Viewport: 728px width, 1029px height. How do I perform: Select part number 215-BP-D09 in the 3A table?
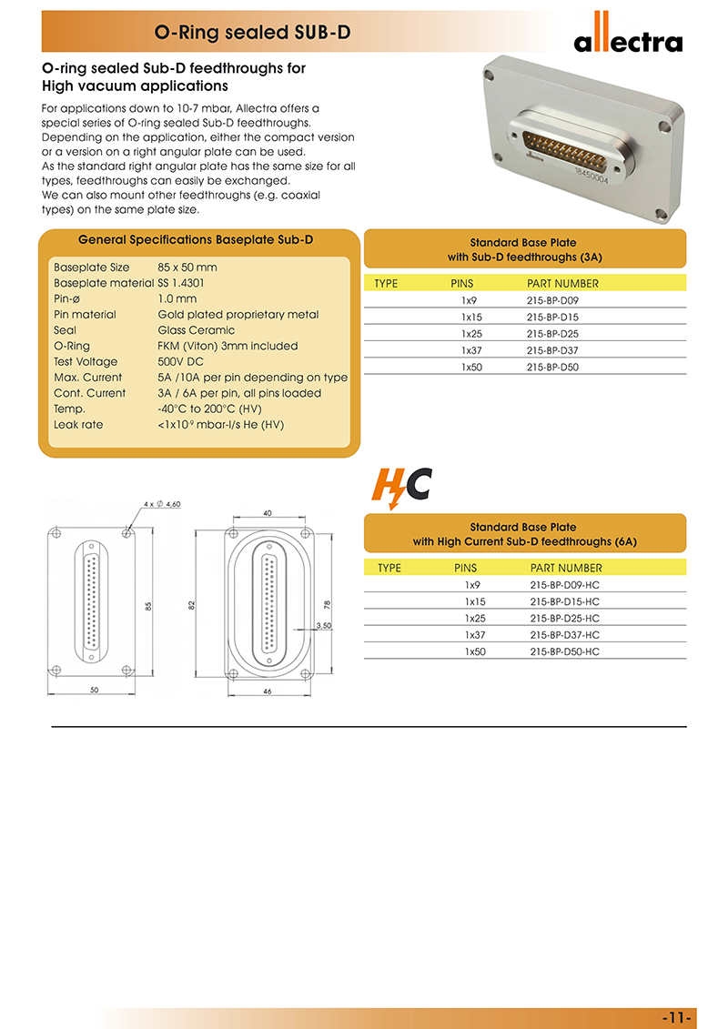(x=552, y=300)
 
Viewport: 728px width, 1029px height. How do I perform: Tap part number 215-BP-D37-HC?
(x=564, y=635)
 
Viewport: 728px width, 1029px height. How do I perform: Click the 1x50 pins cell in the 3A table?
(x=470, y=368)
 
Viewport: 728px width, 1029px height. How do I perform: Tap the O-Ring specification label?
(x=72, y=346)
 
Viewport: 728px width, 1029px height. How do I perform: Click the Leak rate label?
(x=78, y=424)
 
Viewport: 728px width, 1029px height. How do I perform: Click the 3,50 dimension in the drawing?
(x=323, y=625)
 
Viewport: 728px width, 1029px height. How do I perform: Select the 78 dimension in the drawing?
(x=327, y=604)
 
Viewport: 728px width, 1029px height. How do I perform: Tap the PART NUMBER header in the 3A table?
(x=562, y=284)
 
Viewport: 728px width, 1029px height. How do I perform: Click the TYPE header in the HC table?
(x=389, y=568)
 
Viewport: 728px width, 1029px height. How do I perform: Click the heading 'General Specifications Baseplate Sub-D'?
(x=196, y=240)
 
